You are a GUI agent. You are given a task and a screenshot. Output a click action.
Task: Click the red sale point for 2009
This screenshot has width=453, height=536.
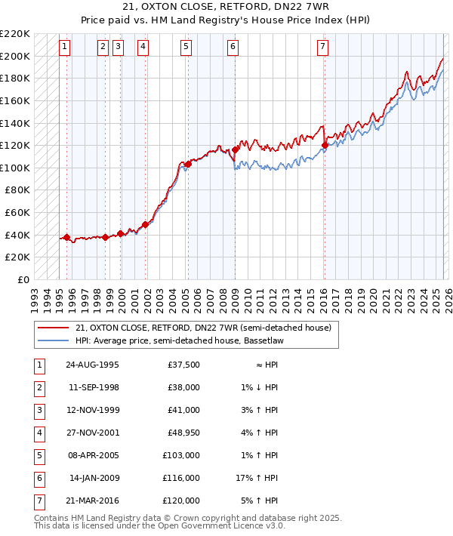click(x=235, y=149)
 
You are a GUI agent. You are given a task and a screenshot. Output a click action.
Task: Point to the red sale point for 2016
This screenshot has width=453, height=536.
click(x=325, y=145)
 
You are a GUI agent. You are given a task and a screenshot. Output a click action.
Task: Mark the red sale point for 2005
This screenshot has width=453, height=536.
click(x=187, y=164)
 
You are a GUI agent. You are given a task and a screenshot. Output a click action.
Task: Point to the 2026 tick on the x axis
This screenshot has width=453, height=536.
click(x=448, y=294)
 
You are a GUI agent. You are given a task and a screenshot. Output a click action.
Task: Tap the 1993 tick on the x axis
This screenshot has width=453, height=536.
click(x=34, y=294)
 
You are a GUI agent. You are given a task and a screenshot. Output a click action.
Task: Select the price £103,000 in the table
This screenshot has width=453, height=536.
click(x=182, y=455)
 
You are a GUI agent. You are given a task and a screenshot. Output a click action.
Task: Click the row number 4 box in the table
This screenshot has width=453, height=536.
click(x=39, y=433)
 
